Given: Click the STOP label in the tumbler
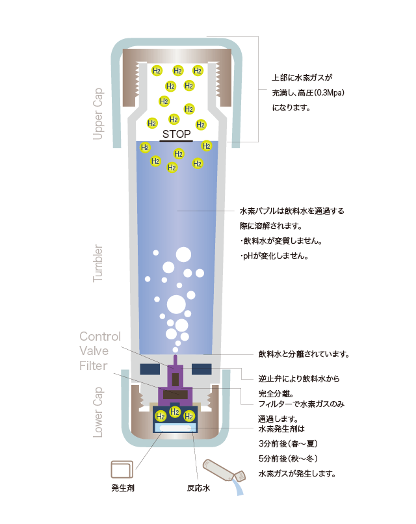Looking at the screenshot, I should click(176, 134).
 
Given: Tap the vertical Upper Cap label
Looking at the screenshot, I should click(99, 113).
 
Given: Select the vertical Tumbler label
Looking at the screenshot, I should click(99, 263).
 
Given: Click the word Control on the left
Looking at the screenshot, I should click(100, 336).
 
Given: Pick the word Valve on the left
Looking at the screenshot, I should click(94, 350).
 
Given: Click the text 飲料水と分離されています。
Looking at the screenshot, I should click(304, 354).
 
